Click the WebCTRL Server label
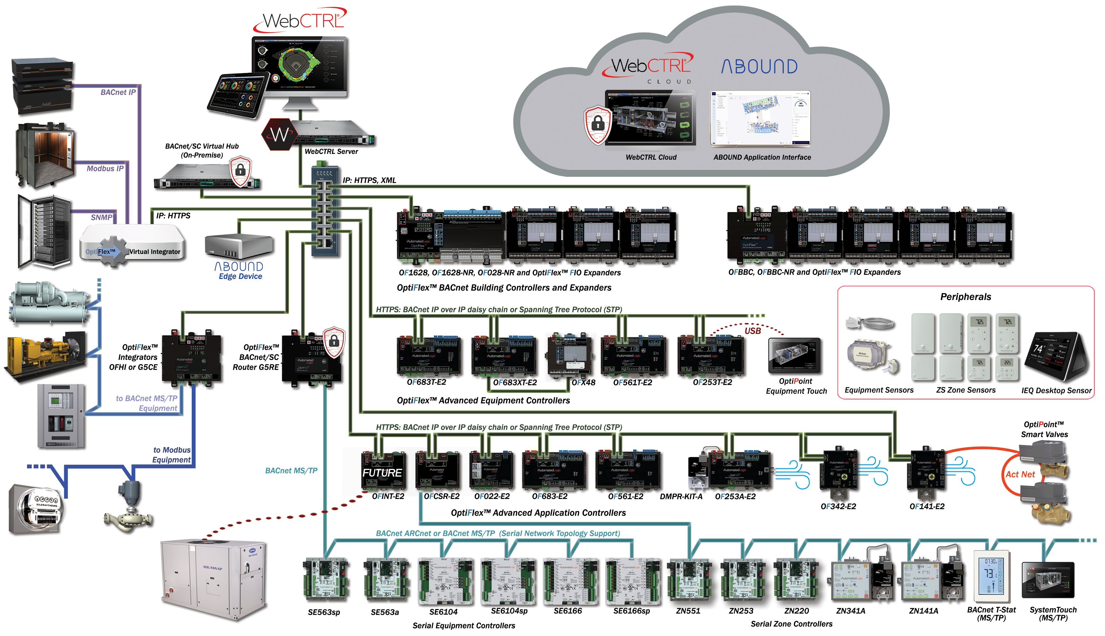[331, 152]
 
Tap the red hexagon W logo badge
[278, 135]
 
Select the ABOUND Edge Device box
[239, 247]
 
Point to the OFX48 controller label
[583, 383]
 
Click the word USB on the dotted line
[752, 331]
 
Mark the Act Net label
[1020, 474]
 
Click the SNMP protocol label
[101, 217]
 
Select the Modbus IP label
[105, 169]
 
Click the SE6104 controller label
[443, 612]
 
